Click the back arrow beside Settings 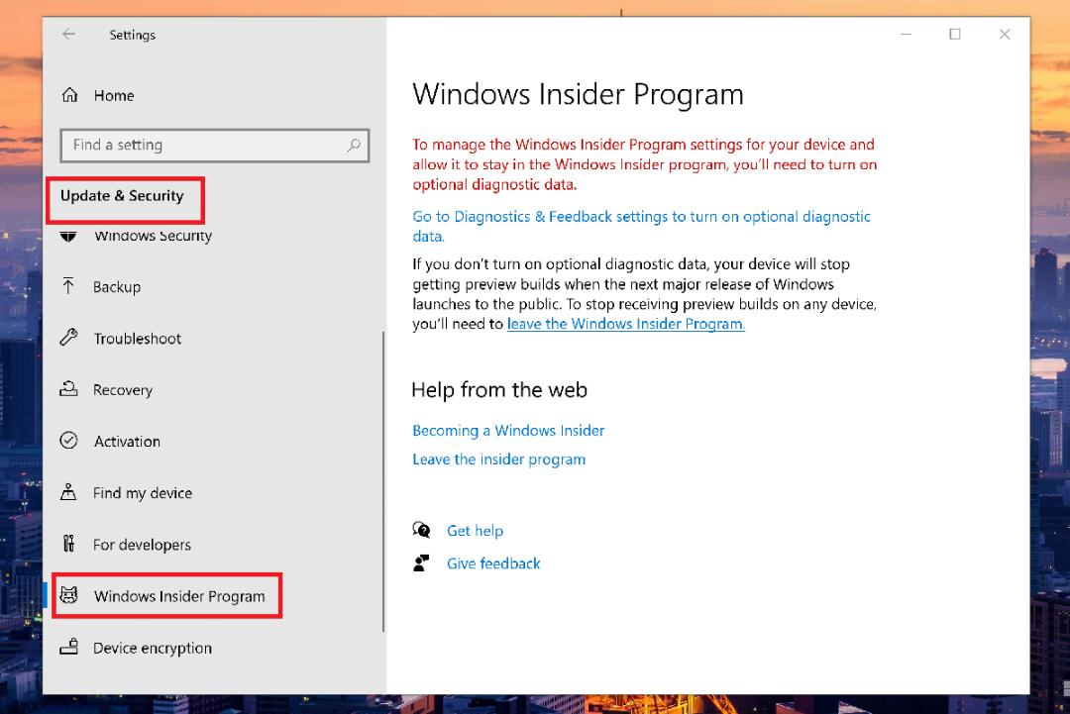point(68,34)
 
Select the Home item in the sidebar point(113,95)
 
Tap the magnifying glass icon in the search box point(354,146)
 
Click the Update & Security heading point(122,196)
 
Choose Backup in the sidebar point(117,287)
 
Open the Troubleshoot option point(137,339)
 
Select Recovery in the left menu point(123,390)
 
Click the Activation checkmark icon point(69,441)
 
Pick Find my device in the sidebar point(143,493)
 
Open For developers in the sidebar point(142,545)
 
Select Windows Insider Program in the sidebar point(179,596)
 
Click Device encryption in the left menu point(153,648)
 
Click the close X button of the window point(1005,34)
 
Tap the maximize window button point(955,34)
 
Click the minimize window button point(906,34)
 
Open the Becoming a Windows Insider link point(508,431)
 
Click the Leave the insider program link point(498,459)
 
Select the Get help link point(475,531)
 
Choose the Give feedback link point(493,563)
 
